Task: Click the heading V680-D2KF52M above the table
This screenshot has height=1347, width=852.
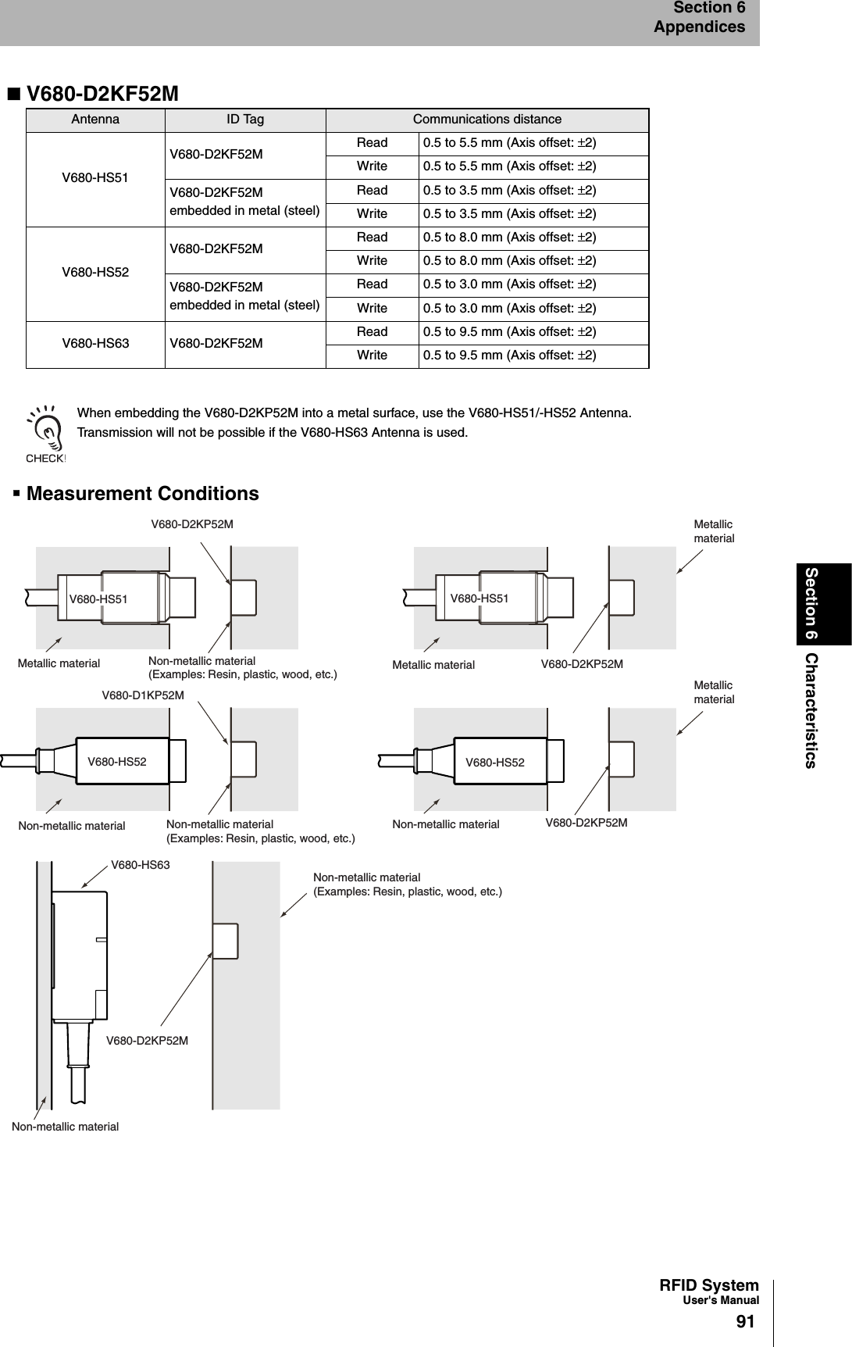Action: (x=102, y=94)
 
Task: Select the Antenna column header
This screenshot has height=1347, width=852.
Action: (x=95, y=120)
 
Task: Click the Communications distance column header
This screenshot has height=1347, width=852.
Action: (x=487, y=120)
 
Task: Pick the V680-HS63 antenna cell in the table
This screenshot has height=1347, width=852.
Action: (x=95, y=343)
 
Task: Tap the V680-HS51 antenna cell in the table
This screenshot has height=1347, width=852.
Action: (x=95, y=178)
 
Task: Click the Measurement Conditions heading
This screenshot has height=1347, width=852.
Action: (x=142, y=494)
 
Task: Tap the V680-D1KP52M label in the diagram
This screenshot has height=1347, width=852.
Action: (x=143, y=695)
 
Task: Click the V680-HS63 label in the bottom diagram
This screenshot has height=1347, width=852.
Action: (x=140, y=865)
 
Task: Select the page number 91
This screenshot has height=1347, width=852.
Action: (x=745, y=1322)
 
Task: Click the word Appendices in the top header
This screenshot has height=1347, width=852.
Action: (x=699, y=27)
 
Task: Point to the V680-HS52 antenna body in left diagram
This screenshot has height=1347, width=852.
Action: (x=123, y=760)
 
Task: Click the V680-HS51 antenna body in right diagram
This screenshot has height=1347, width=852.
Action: (x=492, y=598)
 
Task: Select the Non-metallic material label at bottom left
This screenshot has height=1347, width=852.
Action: (x=65, y=1126)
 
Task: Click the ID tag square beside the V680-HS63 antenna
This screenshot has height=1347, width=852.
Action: (x=225, y=941)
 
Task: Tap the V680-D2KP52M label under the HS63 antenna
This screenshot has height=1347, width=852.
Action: (x=147, y=1041)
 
